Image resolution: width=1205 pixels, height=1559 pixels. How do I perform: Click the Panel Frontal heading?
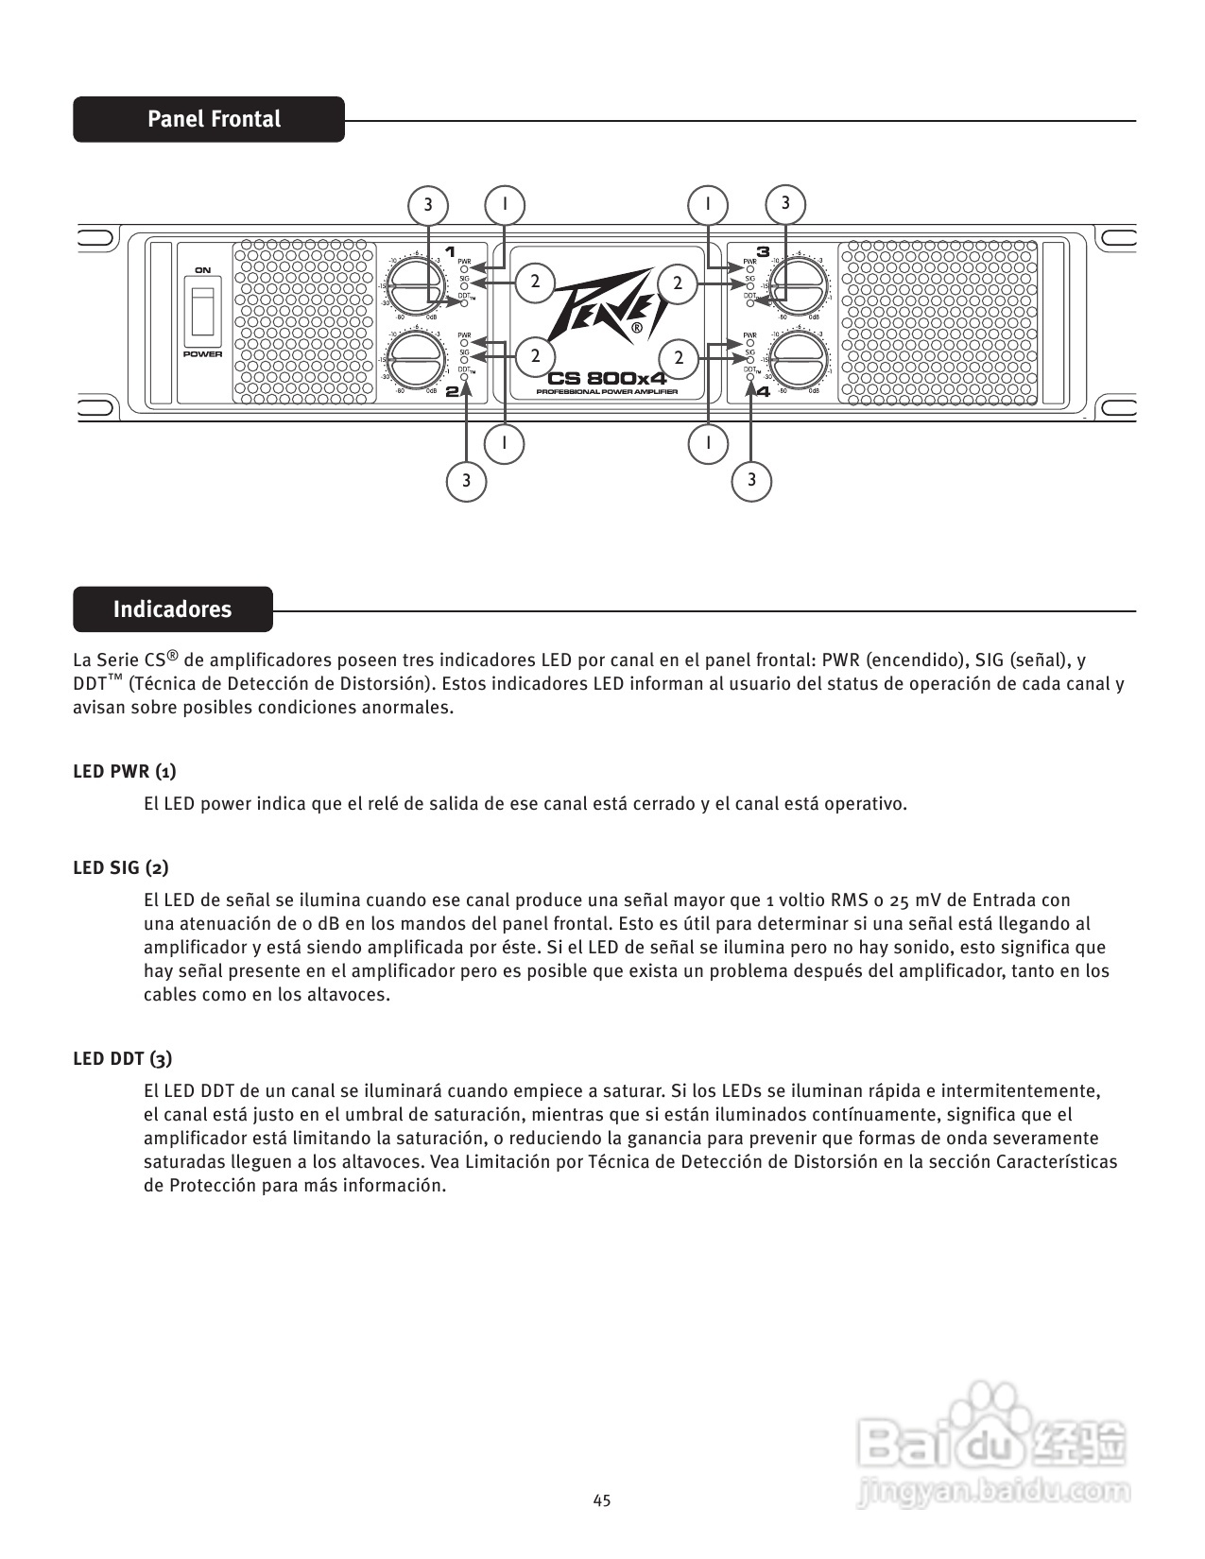coord(214,119)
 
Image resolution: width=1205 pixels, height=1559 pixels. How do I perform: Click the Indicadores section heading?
coord(172,609)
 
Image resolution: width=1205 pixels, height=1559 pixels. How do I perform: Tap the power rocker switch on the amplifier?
coord(202,311)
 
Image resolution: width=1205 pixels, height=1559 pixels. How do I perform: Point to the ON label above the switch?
coord(202,270)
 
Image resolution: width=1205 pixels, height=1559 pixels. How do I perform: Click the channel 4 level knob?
coord(800,360)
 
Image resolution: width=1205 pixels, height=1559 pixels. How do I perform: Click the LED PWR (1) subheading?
coord(125,771)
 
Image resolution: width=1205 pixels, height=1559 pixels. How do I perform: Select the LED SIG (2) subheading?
coord(121,867)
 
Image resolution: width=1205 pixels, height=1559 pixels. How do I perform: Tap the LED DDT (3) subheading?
coord(123,1058)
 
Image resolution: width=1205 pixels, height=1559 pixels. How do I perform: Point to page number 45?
coord(602,1499)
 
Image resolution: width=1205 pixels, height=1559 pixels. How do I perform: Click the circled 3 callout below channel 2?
coord(466,481)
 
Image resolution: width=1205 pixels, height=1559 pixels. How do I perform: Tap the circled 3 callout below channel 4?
coord(751,480)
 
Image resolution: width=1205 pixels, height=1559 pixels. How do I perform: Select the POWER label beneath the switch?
coord(202,354)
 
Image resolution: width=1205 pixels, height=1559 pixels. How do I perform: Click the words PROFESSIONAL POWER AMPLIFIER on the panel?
coord(607,391)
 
